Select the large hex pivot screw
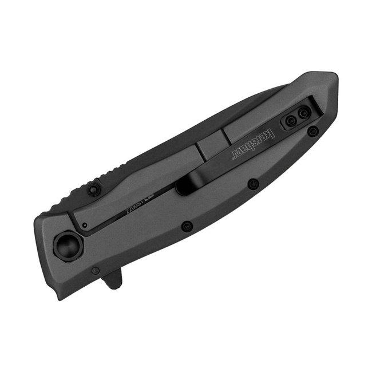pos(68,247)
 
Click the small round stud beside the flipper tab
pos(96,270)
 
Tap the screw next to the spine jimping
pos(94,189)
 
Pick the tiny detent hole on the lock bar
pos(84,226)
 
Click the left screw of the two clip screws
pos(291,121)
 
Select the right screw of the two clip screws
pos(303,114)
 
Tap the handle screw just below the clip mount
pos(312,132)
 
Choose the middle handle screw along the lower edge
pos(252,184)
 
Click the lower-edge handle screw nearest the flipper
pos(186,226)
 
